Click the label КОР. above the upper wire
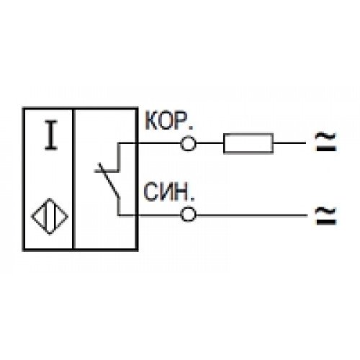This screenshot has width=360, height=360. click(168, 121)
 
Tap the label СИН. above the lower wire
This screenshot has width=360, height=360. click(168, 192)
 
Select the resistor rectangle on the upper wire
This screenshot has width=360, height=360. click(248, 143)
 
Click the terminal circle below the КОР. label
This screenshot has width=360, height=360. click(188, 143)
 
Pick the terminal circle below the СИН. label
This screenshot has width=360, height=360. click(188, 215)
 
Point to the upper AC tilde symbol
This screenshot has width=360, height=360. click(326, 142)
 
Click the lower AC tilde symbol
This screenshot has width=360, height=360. click(326, 215)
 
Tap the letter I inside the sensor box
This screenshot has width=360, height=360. click(51, 135)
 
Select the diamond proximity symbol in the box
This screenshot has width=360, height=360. click(50, 217)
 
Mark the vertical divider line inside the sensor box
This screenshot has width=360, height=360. click(73, 179)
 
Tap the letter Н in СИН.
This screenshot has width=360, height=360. click(181, 192)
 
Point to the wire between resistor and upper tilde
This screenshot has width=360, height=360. click(289, 143)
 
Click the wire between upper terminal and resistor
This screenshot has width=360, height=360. click(210, 143)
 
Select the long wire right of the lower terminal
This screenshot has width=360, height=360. click(251, 215)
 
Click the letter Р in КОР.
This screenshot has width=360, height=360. click(181, 121)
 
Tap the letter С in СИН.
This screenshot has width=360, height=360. click(150, 192)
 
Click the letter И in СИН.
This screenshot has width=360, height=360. click(166, 192)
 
